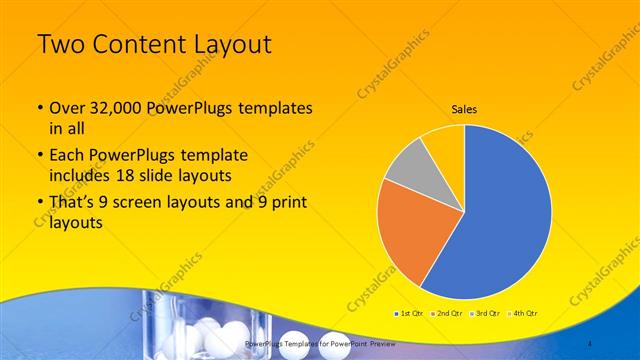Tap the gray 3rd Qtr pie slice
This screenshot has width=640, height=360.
[x=407, y=166]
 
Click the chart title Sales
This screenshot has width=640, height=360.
[x=463, y=110]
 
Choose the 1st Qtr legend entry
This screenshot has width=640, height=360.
[x=410, y=313]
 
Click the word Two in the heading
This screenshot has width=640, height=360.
[x=62, y=45]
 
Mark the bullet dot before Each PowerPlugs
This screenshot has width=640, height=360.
[x=39, y=156]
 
